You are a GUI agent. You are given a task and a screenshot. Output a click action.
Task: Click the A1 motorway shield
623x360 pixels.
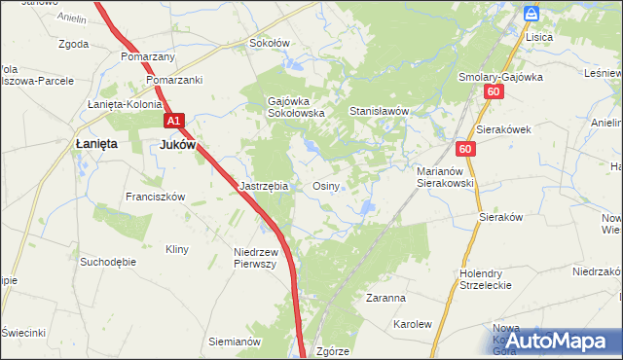pos(173,121)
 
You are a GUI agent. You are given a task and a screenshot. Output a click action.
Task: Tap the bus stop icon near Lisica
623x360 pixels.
pos(531,13)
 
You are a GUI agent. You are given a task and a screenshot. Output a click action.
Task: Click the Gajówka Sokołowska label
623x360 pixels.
pos(296,106)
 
